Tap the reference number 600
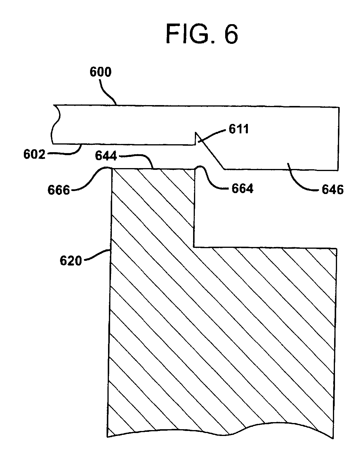tap(101, 72)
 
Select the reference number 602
tap(34, 155)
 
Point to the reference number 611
tap(238, 129)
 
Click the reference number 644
tap(106, 156)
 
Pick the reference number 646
tap(333, 190)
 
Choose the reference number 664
tap(243, 188)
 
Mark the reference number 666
tap(59, 190)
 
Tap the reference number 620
tap(71, 261)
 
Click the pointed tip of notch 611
tap(196, 132)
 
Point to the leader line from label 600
tap(107, 92)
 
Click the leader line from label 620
tap(97, 255)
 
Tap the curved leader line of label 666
tap(91, 179)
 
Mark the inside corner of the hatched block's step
tap(194, 247)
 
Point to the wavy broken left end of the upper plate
tap(56, 125)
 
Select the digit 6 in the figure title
tap(231, 34)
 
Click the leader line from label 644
tap(136, 160)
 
